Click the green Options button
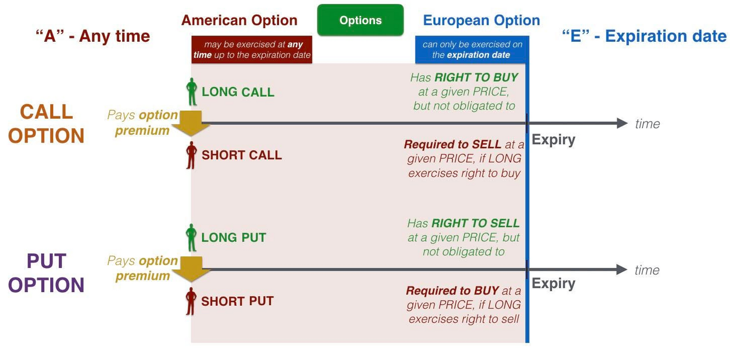360,20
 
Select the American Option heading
239,21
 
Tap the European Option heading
481,21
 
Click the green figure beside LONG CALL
192,92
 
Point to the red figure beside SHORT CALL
192,155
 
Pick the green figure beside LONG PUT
192,237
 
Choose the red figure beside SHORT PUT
192,301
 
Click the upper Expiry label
553,140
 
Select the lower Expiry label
553,283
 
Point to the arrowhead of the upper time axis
622,123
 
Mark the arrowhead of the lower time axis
622,270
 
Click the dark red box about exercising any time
251,50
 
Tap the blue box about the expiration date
471,50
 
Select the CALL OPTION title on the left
46,124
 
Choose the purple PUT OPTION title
46,272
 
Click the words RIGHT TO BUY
476,77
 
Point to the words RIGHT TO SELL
475,223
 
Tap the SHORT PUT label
237,301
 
